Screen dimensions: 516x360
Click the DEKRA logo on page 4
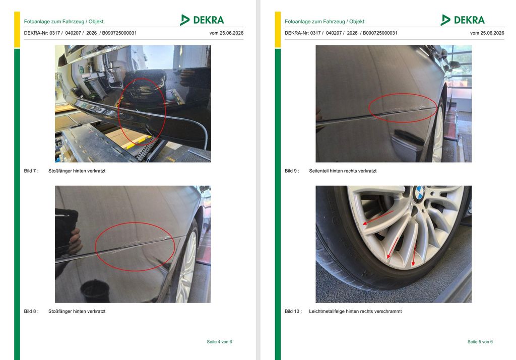point(202,20)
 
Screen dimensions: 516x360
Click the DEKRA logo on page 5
point(463,20)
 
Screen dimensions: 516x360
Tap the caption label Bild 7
point(31,171)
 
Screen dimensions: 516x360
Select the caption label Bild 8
point(31,311)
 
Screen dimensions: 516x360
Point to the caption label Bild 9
point(292,171)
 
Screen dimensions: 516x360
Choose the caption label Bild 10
point(293,311)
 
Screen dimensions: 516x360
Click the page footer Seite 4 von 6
point(219,342)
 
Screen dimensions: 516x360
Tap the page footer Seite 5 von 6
point(480,342)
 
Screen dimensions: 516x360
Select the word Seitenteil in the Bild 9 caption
point(319,171)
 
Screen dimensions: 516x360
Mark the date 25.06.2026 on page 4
point(231,33)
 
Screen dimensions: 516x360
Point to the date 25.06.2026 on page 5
point(492,33)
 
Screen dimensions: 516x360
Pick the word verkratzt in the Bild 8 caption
point(96,311)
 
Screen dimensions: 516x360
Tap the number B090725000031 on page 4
point(119,33)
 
